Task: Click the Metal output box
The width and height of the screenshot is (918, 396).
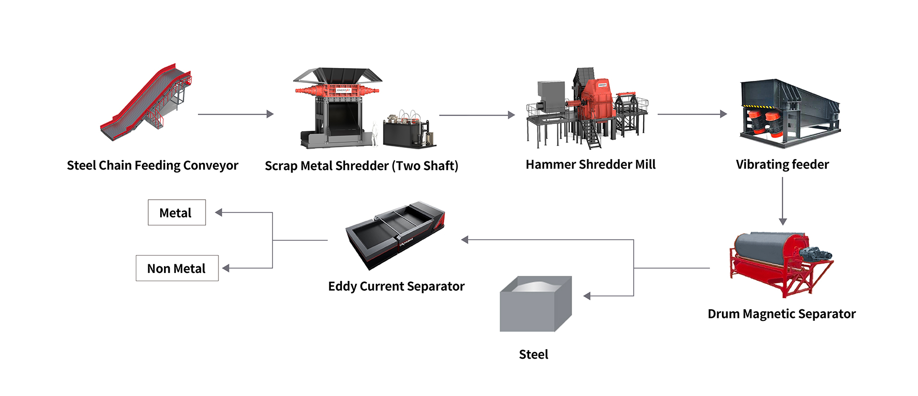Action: (176, 213)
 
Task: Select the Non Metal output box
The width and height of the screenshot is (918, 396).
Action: (177, 268)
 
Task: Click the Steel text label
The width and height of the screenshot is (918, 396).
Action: (533, 354)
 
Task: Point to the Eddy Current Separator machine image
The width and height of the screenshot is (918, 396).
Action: (395, 235)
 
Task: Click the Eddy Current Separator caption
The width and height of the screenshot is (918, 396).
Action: (396, 286)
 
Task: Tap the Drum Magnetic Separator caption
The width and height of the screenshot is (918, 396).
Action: (781, 314)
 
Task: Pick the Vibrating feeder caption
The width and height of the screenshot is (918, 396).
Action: (782, 165)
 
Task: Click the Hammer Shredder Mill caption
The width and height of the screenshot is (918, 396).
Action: (590, 165)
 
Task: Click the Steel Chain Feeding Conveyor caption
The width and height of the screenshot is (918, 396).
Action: (152, 166)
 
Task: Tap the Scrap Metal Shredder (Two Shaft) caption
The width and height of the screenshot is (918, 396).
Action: (361, 166)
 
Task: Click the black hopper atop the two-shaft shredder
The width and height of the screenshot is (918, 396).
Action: (338, 75)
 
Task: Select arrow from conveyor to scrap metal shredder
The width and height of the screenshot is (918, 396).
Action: (235, 114)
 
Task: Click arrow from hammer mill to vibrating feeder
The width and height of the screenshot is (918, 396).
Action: (691, 114)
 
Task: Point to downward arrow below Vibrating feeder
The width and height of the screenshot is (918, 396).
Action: (783, 201)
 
